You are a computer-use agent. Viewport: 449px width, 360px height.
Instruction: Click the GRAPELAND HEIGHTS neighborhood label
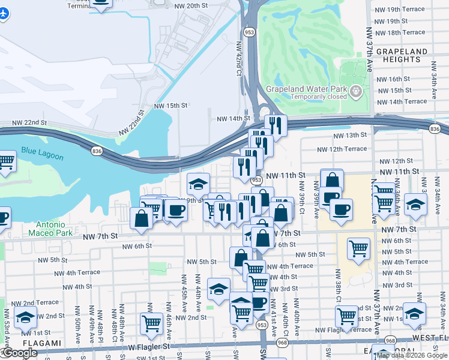pos(402,56)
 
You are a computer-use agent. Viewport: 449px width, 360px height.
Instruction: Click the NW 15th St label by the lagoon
pos(171,106)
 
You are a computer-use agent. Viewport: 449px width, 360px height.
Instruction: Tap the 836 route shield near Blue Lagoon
pos(97,151)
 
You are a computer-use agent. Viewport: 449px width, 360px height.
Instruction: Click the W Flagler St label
pos(149,346)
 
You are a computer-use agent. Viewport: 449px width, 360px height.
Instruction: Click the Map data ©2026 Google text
pos(412,355)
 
